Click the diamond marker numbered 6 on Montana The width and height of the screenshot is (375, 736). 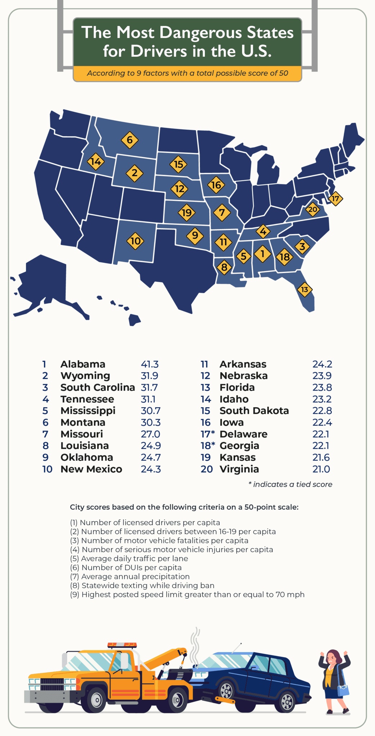(x=129, y=140)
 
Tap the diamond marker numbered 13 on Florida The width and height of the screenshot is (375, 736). (x=305, y=289)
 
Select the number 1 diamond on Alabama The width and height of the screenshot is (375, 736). (x=262, y=254)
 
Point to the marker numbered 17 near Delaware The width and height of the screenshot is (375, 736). (x=335, y=198)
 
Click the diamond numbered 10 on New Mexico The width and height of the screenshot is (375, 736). (x=135, y=241)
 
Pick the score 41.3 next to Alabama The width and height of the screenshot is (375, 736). (x=150, y=364)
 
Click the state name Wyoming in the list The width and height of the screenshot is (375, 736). (x=85, y=376)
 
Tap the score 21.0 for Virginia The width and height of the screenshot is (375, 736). (x=321, y=469)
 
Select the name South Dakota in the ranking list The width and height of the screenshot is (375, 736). (x=254, y=411)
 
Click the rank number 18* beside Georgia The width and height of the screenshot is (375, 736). (x=207, y=446)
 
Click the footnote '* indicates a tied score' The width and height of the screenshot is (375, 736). (x=290, y=484)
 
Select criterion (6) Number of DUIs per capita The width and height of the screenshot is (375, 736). (x=126, y=567)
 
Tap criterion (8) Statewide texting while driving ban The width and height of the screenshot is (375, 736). (x=142, y=585)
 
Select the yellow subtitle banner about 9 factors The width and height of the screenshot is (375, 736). (x=187, y=73)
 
